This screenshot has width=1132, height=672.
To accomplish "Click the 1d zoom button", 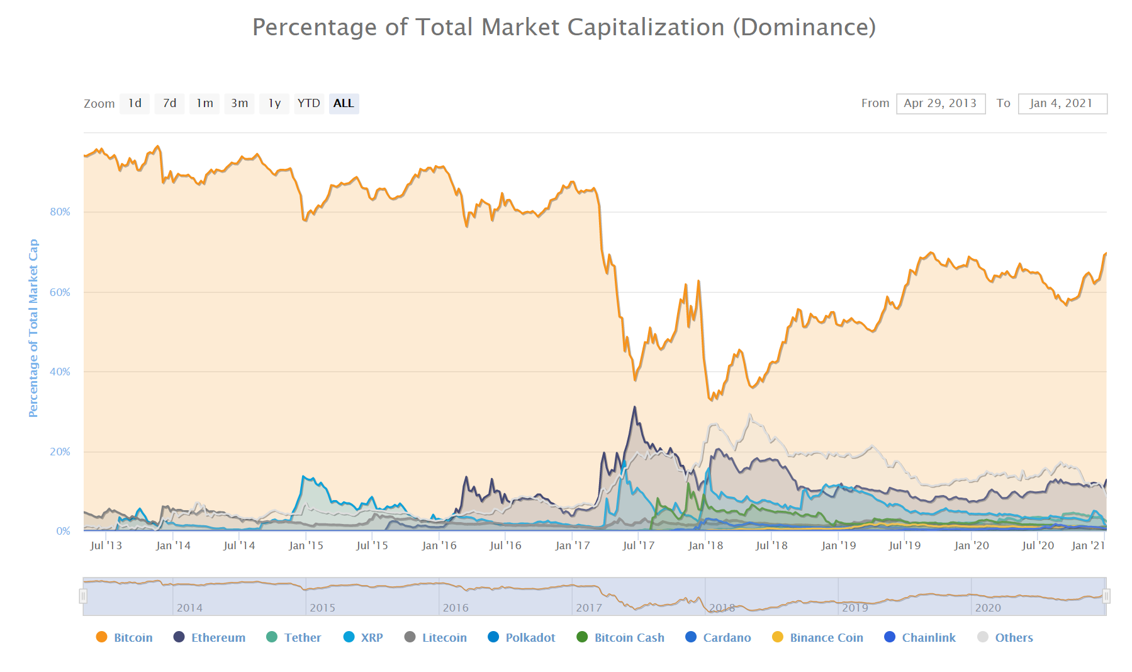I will click(135, 103).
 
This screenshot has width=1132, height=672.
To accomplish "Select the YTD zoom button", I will click(308, 103).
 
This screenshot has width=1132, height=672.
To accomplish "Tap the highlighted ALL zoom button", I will click(344, 103).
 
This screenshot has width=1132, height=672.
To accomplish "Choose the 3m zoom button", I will click(239, 103).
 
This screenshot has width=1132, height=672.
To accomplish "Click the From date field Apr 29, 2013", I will click(940, 103).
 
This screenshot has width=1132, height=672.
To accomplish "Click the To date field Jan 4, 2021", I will click(1062, 103).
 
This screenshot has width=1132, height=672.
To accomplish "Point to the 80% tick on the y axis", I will click(60, 212).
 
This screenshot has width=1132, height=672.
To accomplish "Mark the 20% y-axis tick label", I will click(60, 452).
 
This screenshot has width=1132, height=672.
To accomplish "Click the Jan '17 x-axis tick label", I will click(573, 545).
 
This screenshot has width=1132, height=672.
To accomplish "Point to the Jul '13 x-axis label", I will click(106, 545).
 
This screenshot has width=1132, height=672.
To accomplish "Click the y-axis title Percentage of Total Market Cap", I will click(33, 327).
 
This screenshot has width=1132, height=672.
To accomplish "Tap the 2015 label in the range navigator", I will click(322, 608).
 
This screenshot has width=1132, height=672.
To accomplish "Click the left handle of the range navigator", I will click(83, 596).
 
